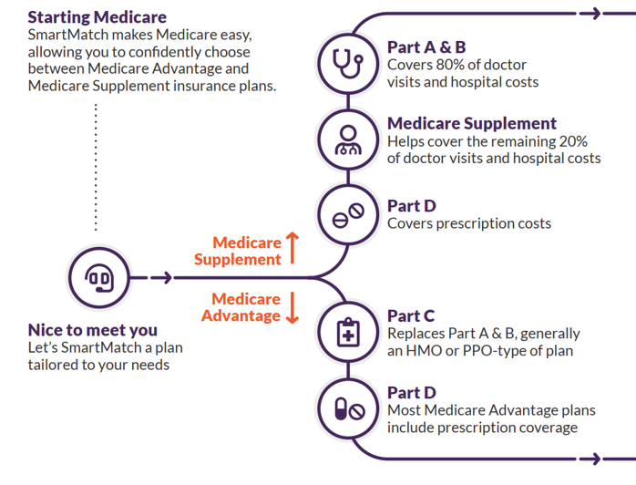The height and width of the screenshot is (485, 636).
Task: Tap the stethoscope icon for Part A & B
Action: [x=347, y=63]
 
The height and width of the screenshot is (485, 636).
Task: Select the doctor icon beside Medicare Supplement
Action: [x=347, y=139]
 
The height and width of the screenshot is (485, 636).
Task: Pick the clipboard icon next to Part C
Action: [x=347, y=333]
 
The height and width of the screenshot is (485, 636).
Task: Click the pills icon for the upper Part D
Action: [x=347, y=216]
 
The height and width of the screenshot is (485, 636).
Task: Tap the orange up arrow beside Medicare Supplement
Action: [x=292, y=249]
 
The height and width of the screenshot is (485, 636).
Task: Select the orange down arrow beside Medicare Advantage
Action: [x=292, y=307]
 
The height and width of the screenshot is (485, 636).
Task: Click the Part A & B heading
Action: [x=426, y=47]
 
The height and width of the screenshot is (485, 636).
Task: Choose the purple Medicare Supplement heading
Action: [x=471, y=124]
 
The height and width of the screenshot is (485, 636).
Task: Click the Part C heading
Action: [x=411, y=316]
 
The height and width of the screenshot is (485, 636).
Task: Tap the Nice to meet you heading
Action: [x=93, y=330]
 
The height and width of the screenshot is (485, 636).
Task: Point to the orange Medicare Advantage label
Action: [x=246, y=307]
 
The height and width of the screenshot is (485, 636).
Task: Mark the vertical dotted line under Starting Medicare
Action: [x=95, y=164]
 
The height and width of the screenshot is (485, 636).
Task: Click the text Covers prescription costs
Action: [x=468, y=222]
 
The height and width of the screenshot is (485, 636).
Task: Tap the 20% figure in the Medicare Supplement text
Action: [x=571, y=141]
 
